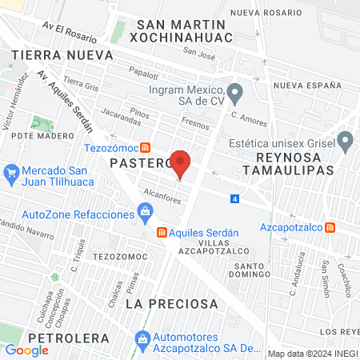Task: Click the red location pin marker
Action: pyautogui.click(x=181, y=165)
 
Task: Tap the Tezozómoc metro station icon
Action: pyautogui.click(x=145, y=147)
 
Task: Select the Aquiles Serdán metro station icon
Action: pyautogui.click(x=161, y=232)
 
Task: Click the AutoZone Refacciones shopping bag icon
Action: pyautogui.click(x=145, y=211)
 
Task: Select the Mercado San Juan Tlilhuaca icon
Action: pyautogui.click(x=11, y=172)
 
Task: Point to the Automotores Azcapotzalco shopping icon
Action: pyautogui.click(x=142, y=340)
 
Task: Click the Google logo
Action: pyautogui.click(x=27, y=350)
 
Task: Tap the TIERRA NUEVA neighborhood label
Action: pyautogui.click(x=50, y=54)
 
